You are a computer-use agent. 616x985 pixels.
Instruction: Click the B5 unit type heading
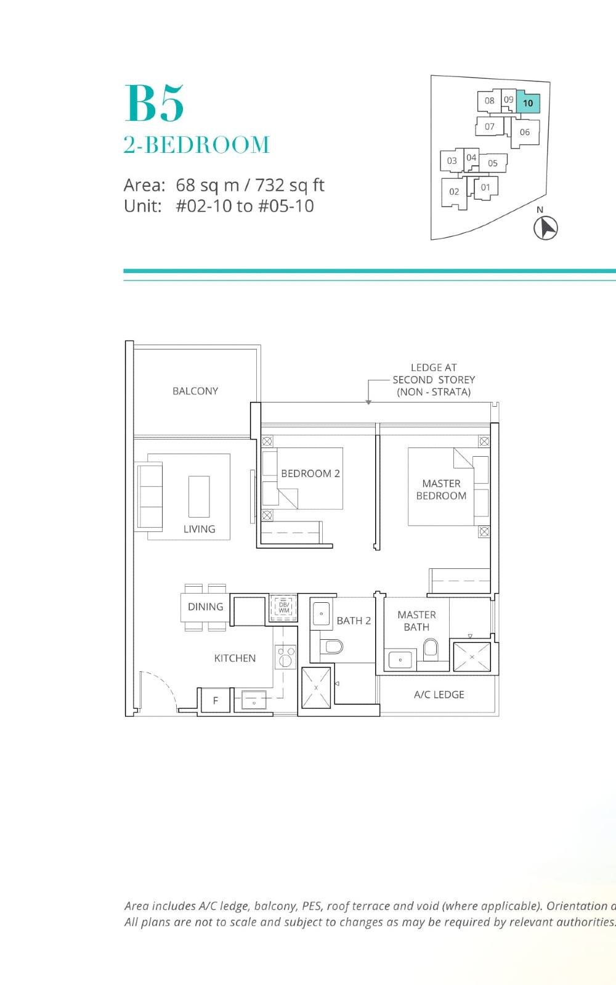[154, 104]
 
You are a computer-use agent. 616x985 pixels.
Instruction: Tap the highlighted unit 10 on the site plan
[528, 103]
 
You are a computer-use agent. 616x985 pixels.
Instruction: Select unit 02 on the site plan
[454, 192]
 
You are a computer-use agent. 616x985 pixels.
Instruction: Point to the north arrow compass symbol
[545, 227]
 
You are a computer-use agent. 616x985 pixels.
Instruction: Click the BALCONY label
[195, 391]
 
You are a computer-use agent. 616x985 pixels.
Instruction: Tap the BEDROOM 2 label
[310, 473]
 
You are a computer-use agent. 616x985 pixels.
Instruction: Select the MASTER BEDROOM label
[441, 489]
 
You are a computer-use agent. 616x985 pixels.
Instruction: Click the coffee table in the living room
[199, 496]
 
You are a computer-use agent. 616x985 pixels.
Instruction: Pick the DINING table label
[205, 607]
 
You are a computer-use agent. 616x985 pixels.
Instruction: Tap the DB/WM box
[283, 607]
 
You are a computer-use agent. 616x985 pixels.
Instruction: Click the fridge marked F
[215, 700]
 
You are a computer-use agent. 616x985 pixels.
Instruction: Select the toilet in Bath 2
[332, 646]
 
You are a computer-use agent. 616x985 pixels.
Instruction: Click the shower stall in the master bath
[472, 657]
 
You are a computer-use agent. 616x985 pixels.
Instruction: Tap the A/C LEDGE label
[439, 695]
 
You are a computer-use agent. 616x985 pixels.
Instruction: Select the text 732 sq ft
[290, 185]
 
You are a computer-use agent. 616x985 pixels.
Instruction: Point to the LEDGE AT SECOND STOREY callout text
[434, 380]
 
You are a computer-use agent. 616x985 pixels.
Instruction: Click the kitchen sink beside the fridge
[254, 700]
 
